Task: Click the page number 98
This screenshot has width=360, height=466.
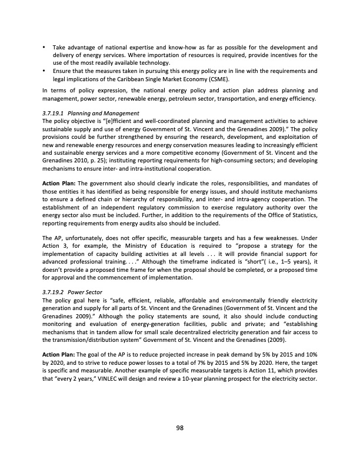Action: point(180,428)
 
